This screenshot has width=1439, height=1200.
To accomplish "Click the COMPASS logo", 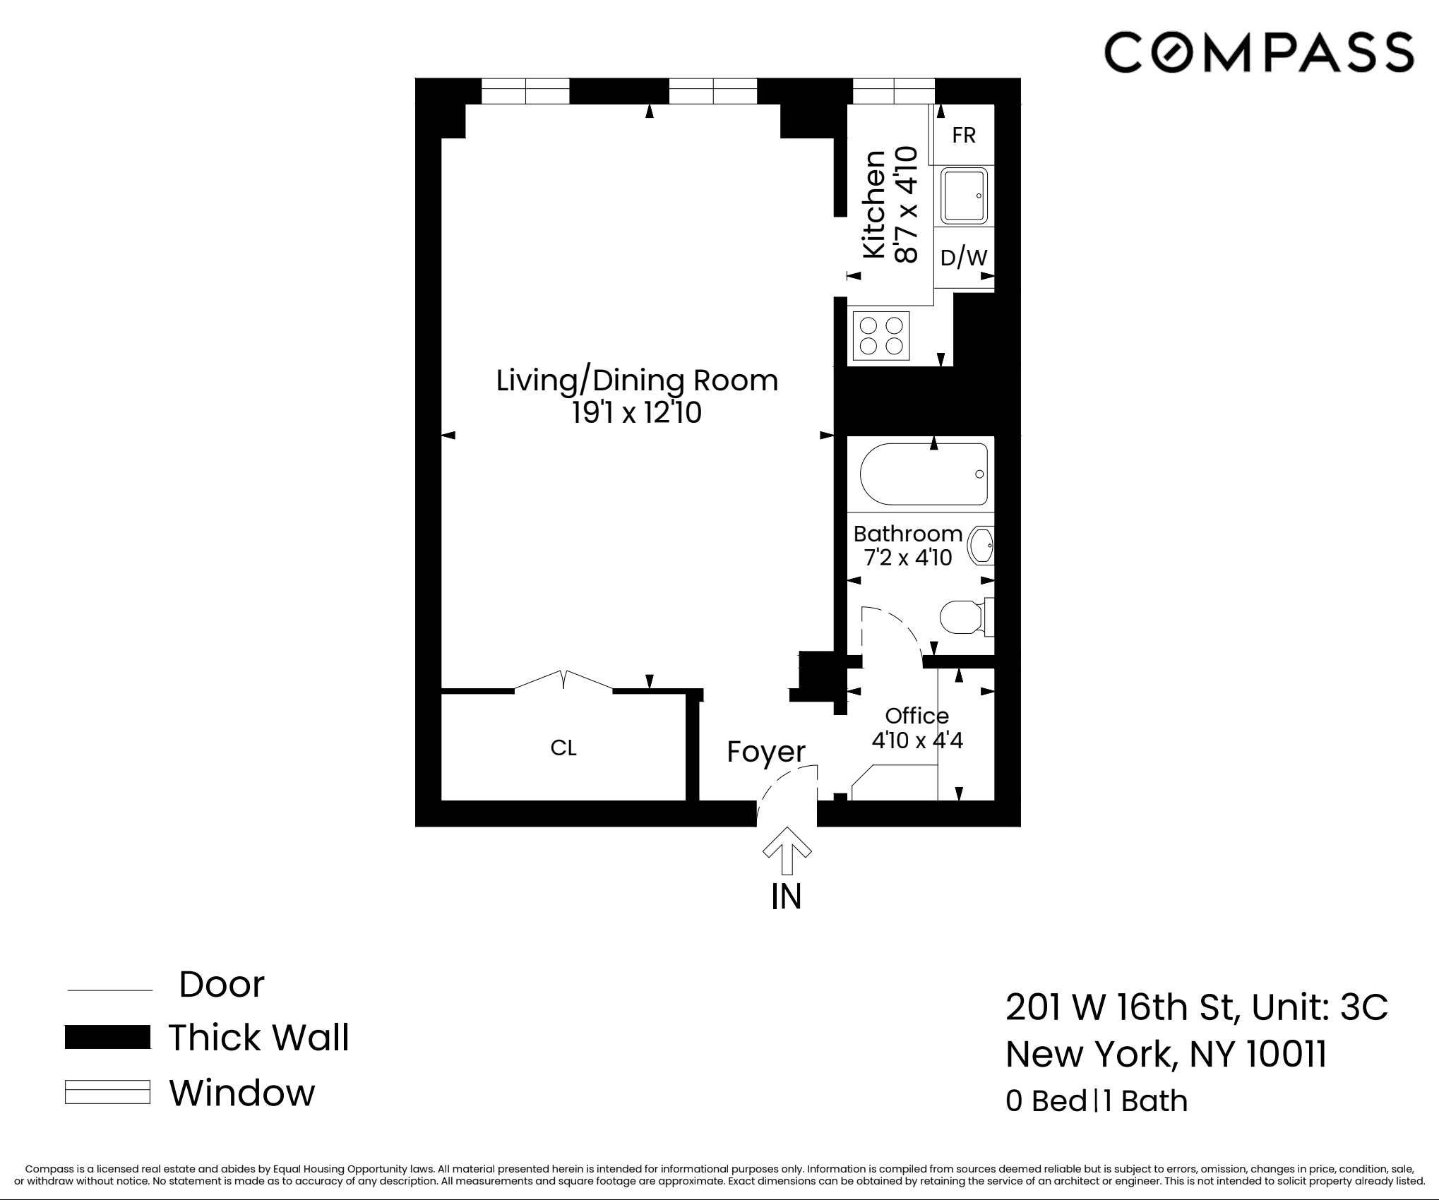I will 1258,52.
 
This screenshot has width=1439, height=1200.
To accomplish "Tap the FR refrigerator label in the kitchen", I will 964,135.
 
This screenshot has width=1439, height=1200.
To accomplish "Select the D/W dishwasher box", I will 964,258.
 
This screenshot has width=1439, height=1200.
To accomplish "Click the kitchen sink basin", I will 964,196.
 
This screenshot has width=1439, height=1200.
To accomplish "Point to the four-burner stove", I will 882,336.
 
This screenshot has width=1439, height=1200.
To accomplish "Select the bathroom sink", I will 981,546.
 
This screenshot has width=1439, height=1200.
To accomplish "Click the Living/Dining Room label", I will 637,380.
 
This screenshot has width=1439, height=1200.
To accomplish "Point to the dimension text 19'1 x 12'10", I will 637,413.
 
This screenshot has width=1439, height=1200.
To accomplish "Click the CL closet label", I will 563,748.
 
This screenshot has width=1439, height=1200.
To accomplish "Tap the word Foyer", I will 766,752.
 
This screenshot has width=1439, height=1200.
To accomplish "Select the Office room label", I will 916,716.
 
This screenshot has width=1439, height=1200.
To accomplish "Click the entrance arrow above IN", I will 787,851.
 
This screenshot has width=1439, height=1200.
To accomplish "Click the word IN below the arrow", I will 786,896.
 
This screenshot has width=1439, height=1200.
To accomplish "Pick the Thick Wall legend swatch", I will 107,1037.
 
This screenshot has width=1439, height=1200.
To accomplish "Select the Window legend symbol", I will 107,1091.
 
